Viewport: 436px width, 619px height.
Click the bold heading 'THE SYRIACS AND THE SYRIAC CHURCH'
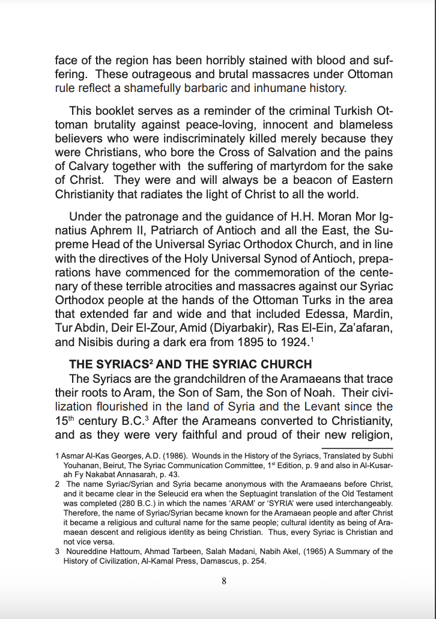(190, 364)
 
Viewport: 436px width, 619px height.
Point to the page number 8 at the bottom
(223, 581)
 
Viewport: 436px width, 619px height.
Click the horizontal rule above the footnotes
(357, 448)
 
